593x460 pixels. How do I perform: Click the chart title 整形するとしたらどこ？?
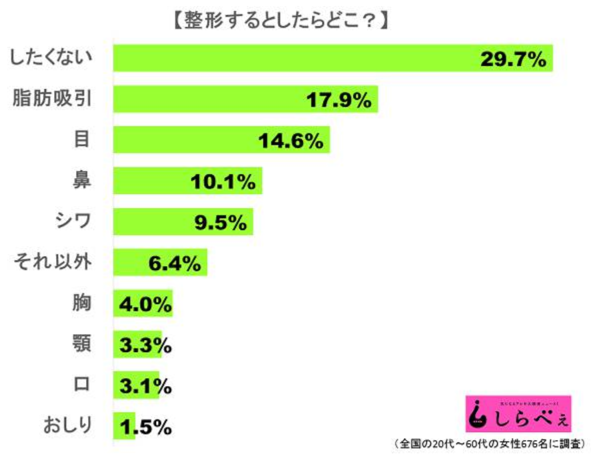click(279, 20)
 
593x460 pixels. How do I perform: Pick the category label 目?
click(82, 139)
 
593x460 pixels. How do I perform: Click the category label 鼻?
click(82, 180)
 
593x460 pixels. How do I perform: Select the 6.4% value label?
click(175, 264)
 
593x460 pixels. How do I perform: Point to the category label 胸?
click(82, 303)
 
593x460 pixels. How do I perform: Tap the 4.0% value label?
click(145, 305)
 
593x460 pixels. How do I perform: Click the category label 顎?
click(82, 345)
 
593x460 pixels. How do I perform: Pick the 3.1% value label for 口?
click(145, 387)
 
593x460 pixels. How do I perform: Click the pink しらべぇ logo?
click(517, 415)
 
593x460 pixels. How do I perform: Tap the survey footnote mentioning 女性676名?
click(489, 444)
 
